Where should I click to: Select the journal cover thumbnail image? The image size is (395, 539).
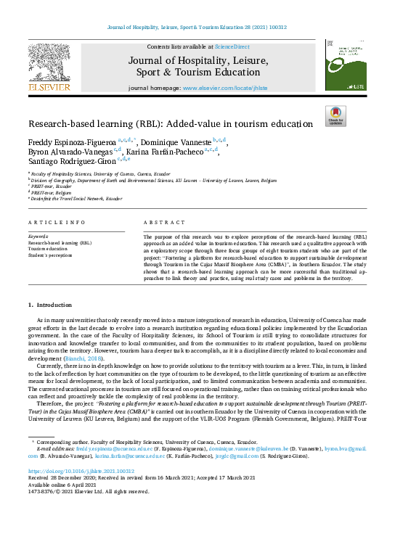[346, 65]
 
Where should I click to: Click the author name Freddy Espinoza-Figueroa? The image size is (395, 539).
[71, 140]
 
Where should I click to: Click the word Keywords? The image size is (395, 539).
[38, 236]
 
